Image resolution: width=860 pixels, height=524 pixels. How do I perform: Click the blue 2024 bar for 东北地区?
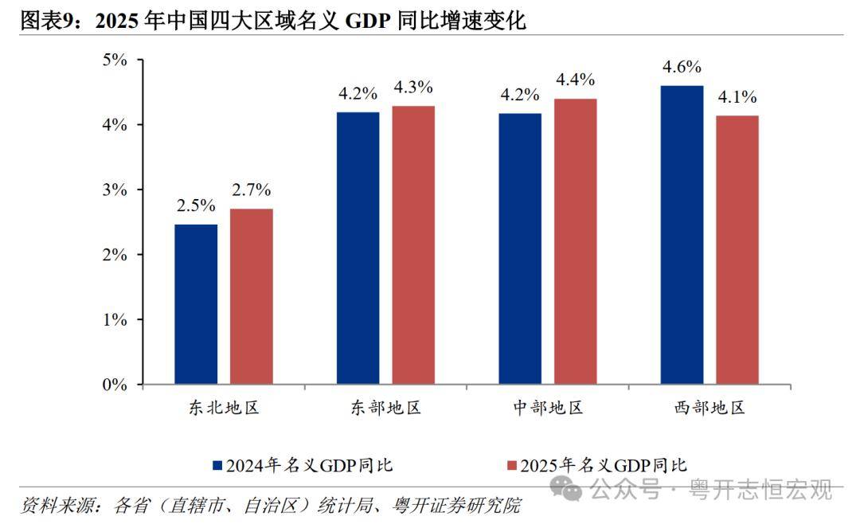[x=196, y=304]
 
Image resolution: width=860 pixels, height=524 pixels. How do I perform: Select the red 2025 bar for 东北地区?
[x=251, y=296]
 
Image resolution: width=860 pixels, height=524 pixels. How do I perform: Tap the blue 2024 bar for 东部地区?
[x=358, y=248]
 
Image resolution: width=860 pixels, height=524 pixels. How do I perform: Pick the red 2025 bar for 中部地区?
[x=575, y=241]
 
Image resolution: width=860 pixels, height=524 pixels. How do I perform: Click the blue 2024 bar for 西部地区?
[x=682, y=235]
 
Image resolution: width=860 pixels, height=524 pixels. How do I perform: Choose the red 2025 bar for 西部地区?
[x=737, y=250]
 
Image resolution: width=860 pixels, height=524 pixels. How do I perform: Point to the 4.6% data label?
[x=682, y=67]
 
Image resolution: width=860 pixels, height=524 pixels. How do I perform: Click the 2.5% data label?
[x=196, y=205]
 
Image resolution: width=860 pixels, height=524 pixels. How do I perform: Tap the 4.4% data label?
[x=575, y=80]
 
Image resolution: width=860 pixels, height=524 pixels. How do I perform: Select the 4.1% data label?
[x=737, y=97]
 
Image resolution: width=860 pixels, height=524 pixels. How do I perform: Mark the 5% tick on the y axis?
[x=116, y=60]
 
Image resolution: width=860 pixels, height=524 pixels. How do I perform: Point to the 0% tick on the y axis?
[x=116, y=385]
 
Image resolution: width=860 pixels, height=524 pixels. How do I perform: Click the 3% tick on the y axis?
[x=116, y=190]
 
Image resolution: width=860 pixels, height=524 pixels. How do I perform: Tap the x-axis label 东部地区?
[x=385, y=409]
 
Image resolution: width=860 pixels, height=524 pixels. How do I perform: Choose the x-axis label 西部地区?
[x=709, y=409]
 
